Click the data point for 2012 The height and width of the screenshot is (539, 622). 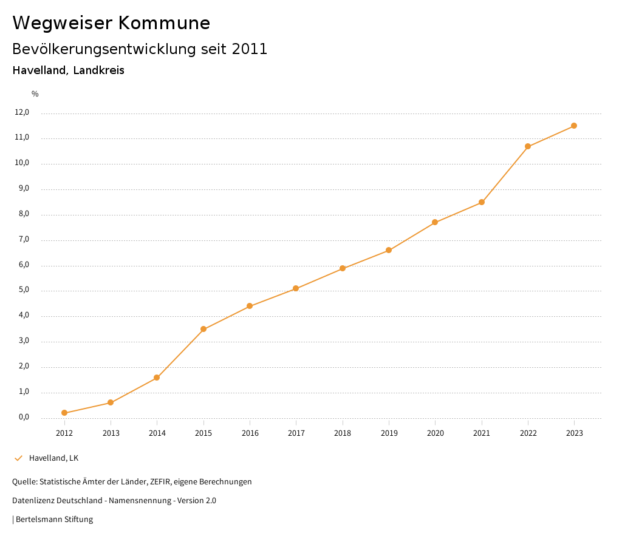(64, 413)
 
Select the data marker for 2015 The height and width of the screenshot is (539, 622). (203, 329)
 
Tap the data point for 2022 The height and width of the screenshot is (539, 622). (528, 146)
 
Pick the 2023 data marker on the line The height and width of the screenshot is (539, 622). (574, 126)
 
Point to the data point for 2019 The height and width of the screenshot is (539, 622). (389, 250)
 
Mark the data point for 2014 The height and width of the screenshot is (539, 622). (157, 378)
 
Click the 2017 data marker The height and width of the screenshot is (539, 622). (296, 288)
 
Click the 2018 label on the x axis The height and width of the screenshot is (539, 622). (343, 433)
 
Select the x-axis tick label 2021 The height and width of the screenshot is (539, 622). (482, 433)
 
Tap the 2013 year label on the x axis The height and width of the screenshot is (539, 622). (111, 433)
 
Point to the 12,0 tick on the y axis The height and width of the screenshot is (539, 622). (22, 112)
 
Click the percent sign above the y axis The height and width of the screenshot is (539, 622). (35, 94)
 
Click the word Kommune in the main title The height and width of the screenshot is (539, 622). (164, 23)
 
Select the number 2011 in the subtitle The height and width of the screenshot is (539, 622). (250, 49)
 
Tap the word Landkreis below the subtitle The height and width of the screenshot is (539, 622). (98, 70)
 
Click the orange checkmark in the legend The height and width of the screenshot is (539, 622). (18, 458)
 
